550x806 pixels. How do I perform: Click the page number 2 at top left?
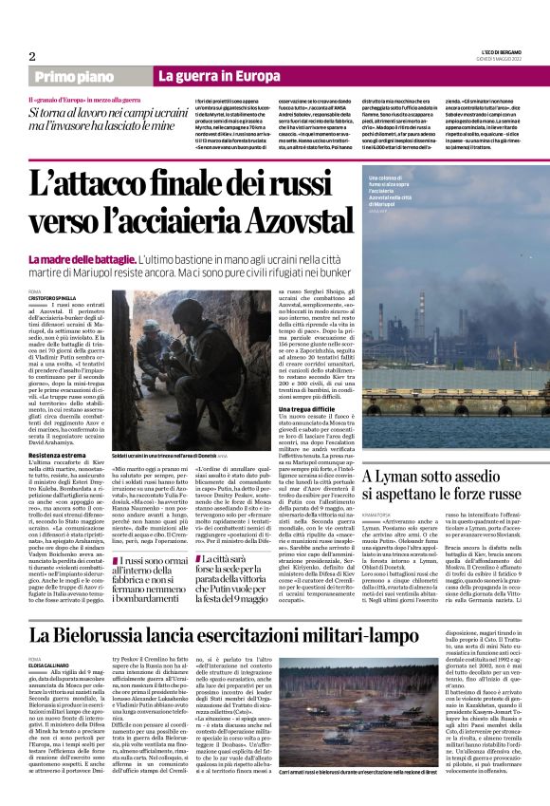click(31, 57)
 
